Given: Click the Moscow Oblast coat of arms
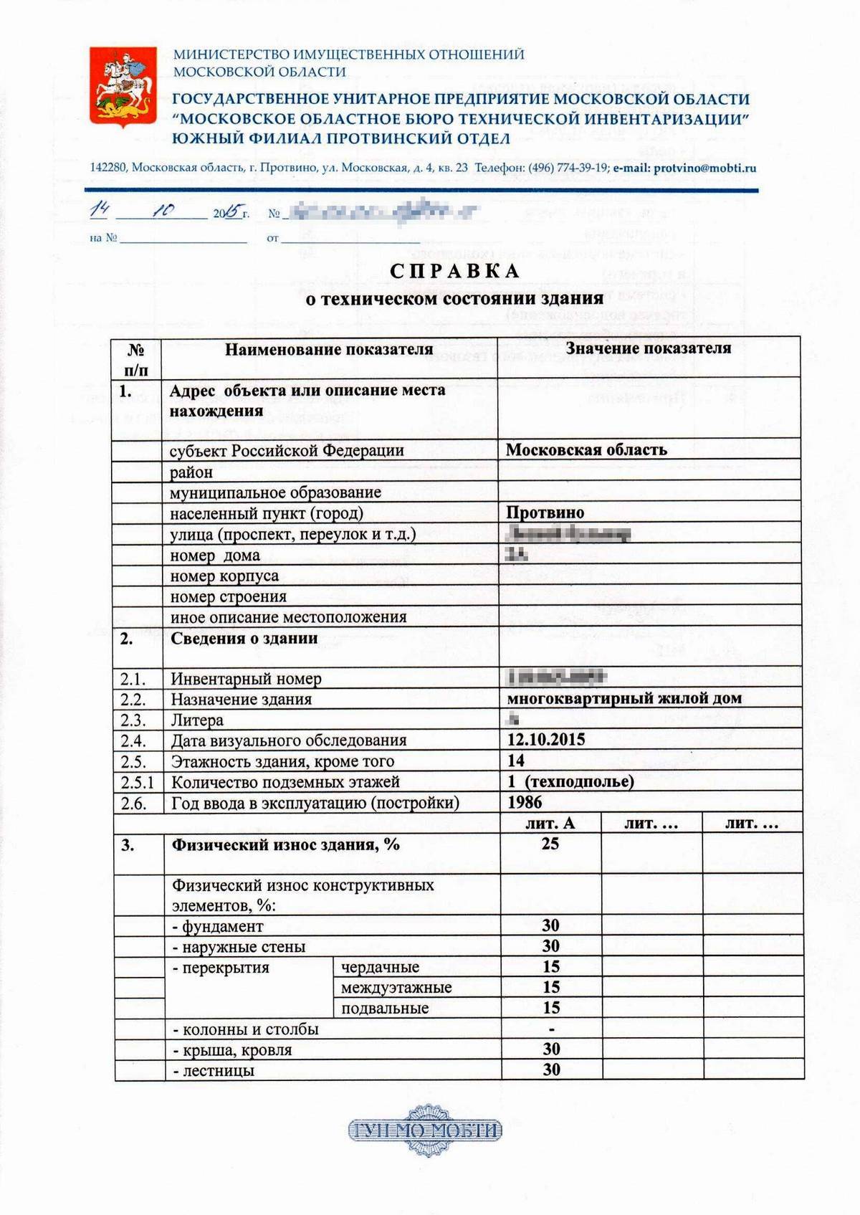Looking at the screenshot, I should click(x=123, y=85).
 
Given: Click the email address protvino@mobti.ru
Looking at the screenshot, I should click(x=704, y=168).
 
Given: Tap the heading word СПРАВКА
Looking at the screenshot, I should click(x=455, y=271).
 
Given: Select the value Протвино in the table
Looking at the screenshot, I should click(x=545, y=513).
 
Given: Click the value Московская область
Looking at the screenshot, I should click(x=586, y=450).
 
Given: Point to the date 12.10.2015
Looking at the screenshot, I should click(x=546, y=740).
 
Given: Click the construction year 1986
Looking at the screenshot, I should click(x=525, y=802).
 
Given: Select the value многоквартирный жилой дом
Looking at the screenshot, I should click(x=624, y=698).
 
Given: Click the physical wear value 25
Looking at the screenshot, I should click(x=550, y=844).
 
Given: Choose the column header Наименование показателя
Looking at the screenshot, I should click(x=329, y=350).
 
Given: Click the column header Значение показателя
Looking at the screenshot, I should click(x=649, y=348).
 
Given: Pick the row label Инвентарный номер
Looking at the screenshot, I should click(x=246, y=679).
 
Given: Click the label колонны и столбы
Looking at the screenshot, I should click(x=246, y=1029).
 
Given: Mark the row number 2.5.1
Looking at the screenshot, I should click(x=138, y=782).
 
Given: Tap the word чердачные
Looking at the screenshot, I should click(x=380, y=967).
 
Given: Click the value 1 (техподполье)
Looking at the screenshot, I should click(x=571, y=781).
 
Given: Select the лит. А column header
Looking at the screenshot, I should click(x=550, y=823).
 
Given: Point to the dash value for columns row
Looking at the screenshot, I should click(x=551, y=1029).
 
